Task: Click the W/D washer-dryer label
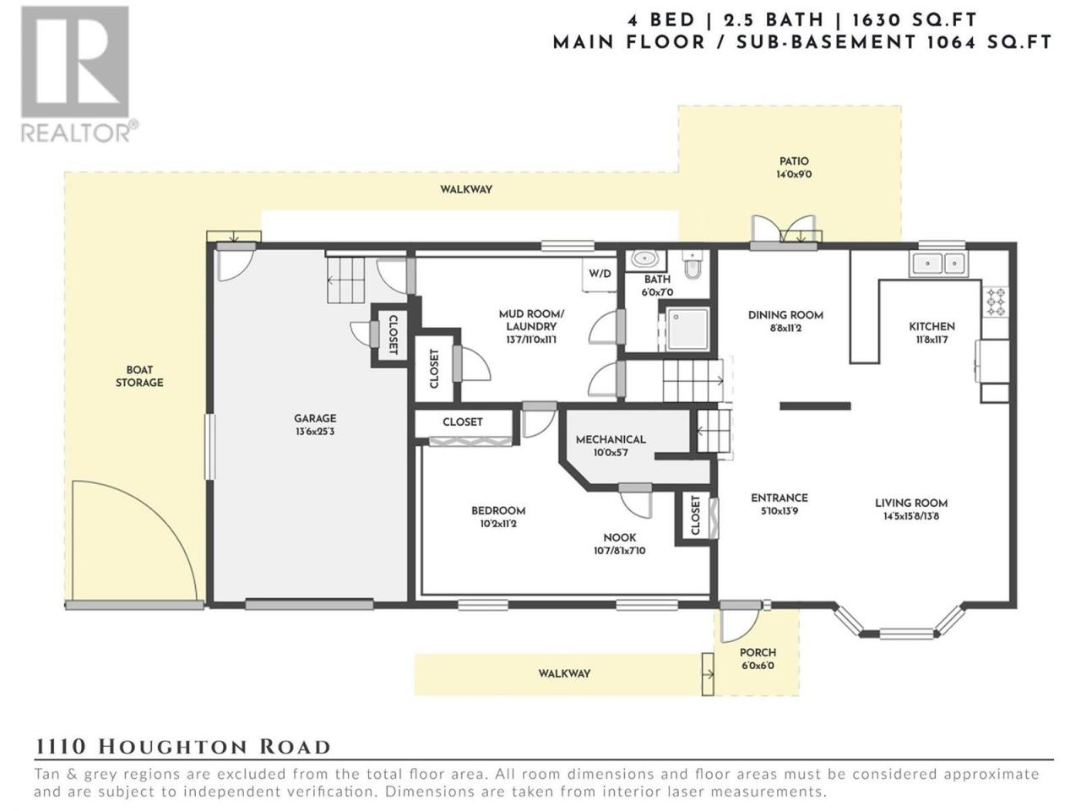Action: pos(600,274)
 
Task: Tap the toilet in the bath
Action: pos(692,266)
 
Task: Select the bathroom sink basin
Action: pos(646,259)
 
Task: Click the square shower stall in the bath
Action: pos(687,329)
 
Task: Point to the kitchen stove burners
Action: pos(996,301)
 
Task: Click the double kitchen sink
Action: pos(938,264)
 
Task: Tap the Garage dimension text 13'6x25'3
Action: pos(315,432)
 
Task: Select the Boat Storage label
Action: pos(139,376)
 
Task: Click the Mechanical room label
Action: pos(611,439)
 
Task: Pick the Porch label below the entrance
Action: pos(758,652)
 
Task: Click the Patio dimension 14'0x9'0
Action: pos(794,174)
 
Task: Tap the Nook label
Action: pos(620,537)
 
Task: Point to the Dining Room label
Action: pos(785,315)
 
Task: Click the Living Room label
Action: pos(911,503)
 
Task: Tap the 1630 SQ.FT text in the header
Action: pos(915,20)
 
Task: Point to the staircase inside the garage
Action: pos(345,281)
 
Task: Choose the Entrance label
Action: pos(780,498)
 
